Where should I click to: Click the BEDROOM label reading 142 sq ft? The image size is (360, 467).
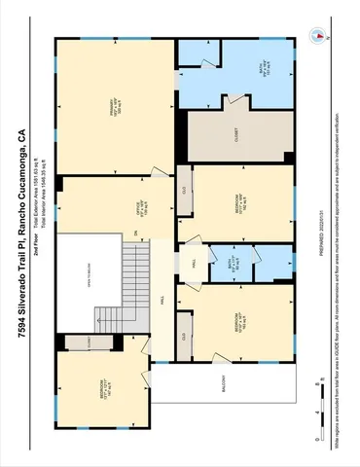[x=238, y=326]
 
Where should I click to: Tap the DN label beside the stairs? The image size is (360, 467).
[x=150, y=230]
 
